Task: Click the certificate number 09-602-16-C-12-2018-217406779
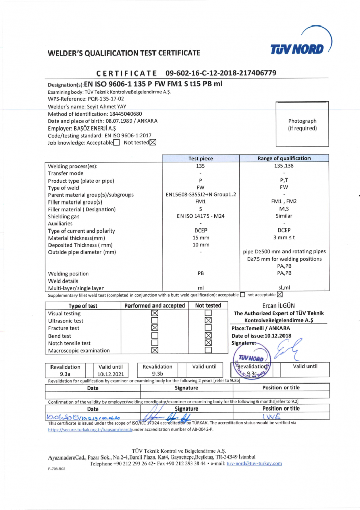pos(221,73)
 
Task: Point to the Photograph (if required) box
pos(302,124)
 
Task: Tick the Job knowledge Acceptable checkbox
pos(117,143)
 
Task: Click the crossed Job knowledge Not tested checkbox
pos(153,143)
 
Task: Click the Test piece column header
pos(200,159)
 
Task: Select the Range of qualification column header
pos(284,158)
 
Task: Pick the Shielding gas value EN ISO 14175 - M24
pos(200,216)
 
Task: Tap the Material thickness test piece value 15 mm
pos(200,238)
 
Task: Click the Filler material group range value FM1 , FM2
pos(284,202)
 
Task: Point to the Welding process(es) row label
pos(72,166)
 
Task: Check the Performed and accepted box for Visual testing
pos(155,313)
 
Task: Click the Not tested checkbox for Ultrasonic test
pos(208,321)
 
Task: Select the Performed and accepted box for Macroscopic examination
pos(155,350)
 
